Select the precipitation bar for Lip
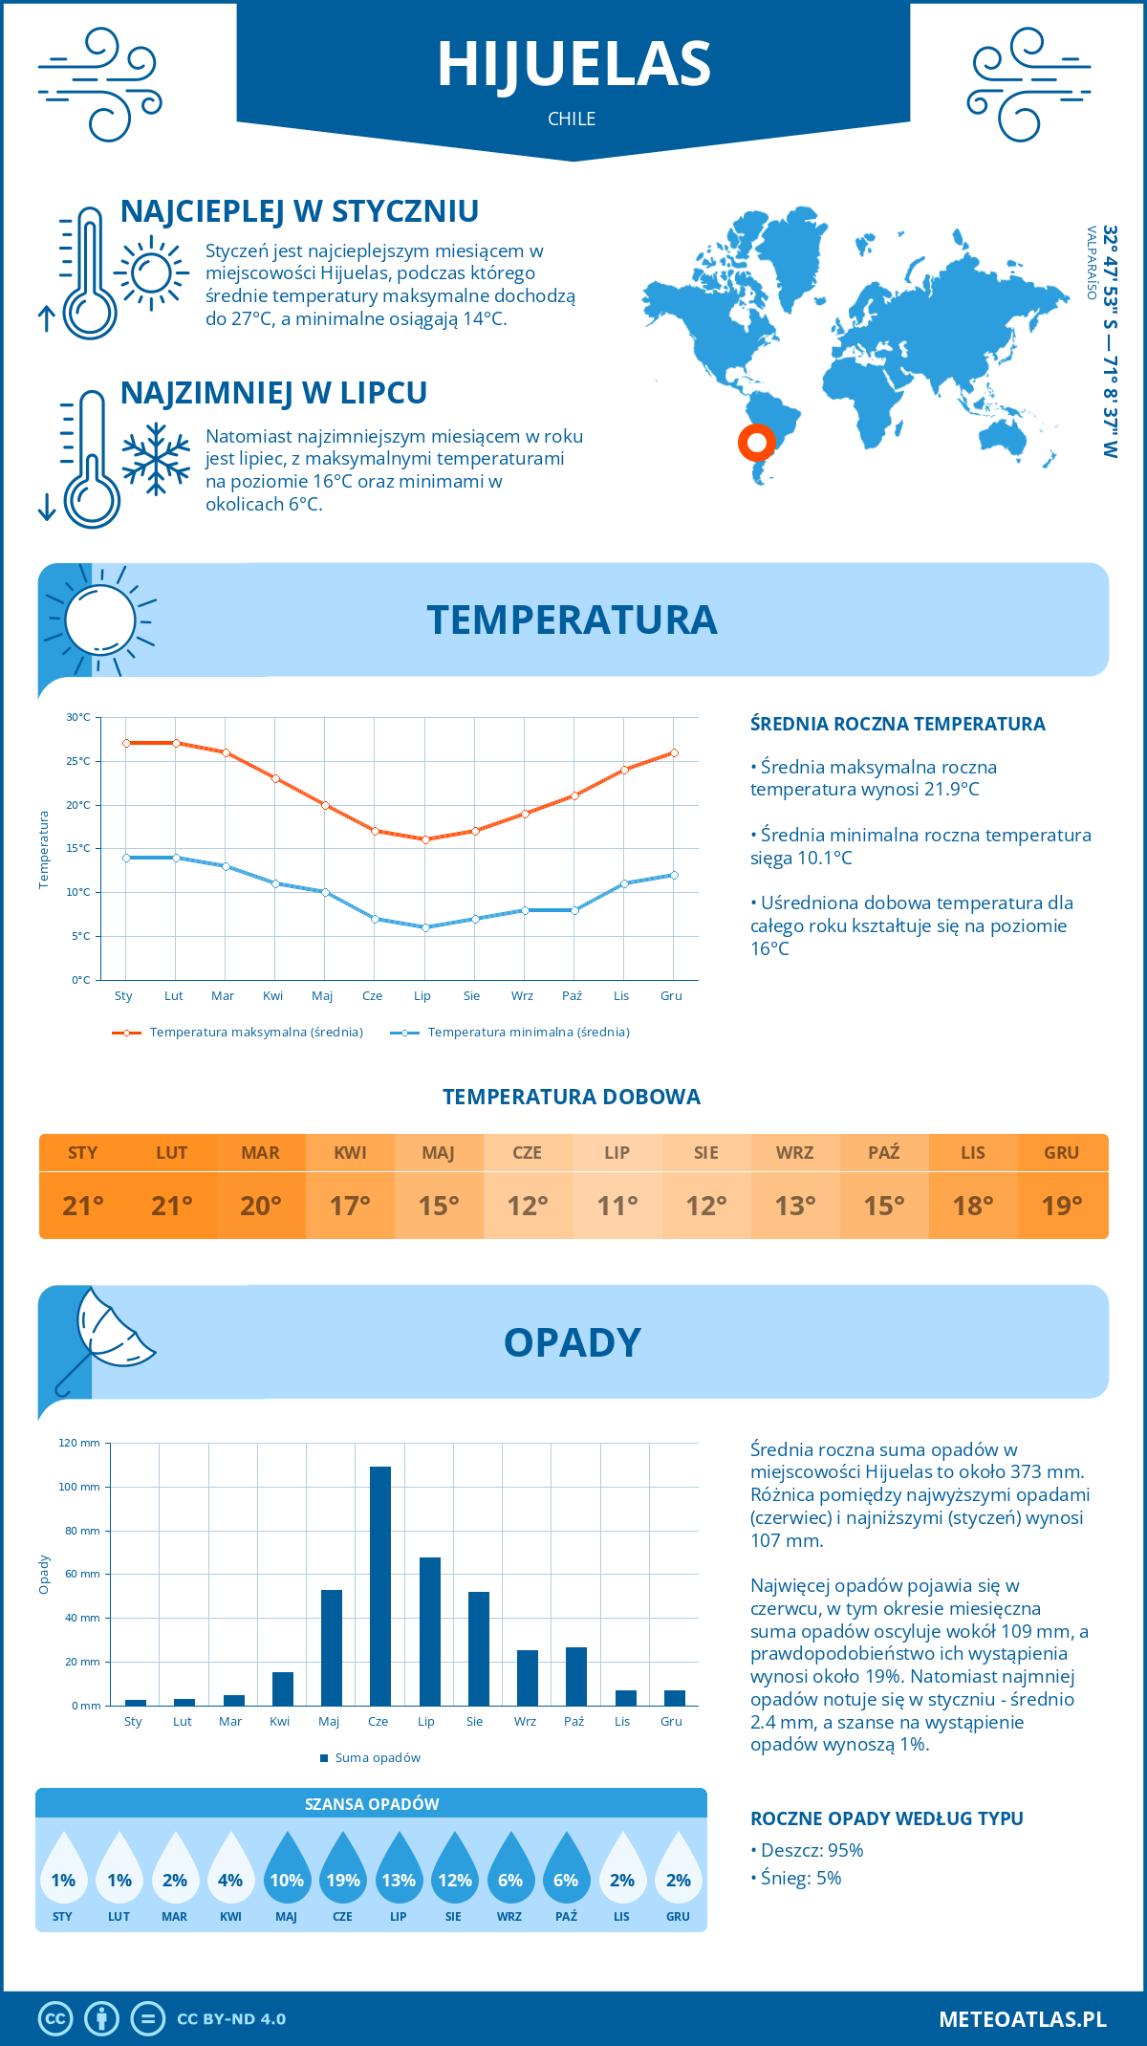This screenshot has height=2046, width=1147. tap(429, 1631)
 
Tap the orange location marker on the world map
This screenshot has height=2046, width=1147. tap(756, 442)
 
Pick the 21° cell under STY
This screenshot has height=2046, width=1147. tap(83, 1206)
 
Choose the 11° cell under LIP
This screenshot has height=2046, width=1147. tap(617, 1206)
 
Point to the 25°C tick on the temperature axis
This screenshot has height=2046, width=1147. tap(78, 761)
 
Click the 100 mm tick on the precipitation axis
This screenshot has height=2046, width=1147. tap(79, 1487)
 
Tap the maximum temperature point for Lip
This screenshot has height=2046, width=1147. tap(425, 839)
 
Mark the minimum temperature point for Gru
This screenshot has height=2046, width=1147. tap(674, 875)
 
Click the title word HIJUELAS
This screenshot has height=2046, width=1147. tap(573, 65)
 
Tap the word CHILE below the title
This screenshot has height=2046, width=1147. tap(572, 119)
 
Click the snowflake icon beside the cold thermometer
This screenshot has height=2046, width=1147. tap(156, 459)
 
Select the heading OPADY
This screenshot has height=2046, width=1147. tap(572, 1342)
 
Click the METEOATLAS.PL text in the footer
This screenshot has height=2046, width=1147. tap(1022, 2019)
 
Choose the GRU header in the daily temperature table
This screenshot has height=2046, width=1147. tap(1061, 1153)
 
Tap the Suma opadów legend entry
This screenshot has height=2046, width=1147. tap(377, 1757)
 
